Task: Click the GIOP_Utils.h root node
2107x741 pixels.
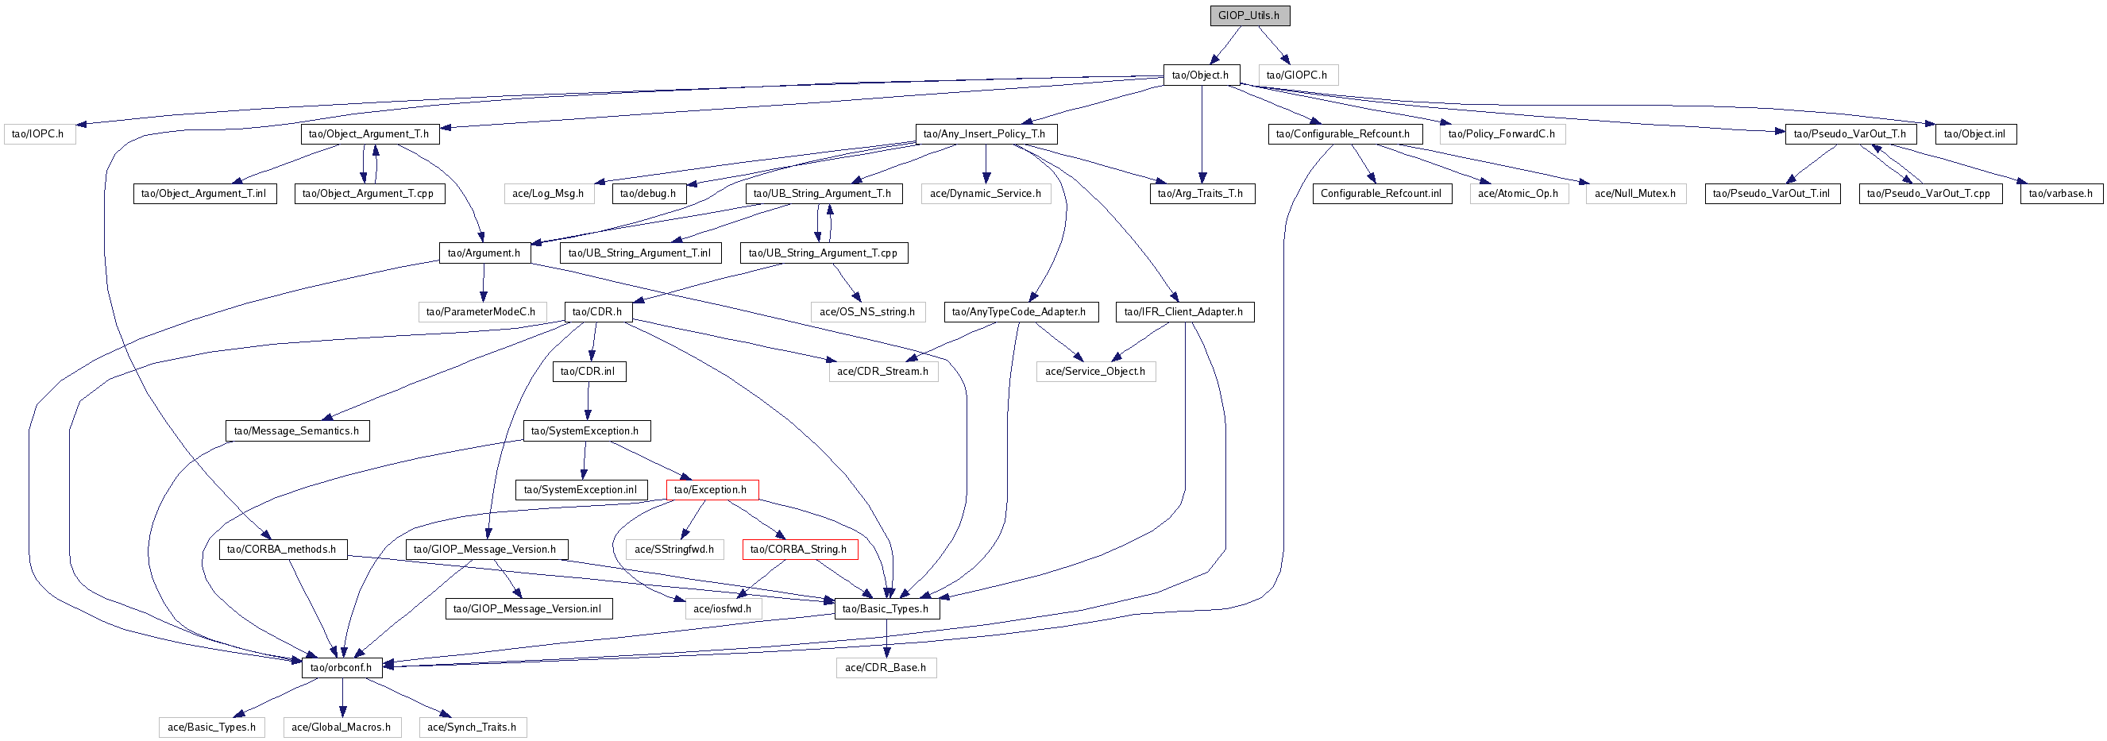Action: pyautogui.click(x=1249, y=16)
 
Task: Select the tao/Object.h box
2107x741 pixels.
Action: pyautogui.click(x=1201, y=75)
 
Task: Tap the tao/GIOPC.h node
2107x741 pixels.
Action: pyautogui.click(x=1297, y=75)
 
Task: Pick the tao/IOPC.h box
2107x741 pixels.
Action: pyautogui.click(x=38, y=134)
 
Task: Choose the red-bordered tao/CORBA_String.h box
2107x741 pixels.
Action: pyautogui.click(x=799, y=550)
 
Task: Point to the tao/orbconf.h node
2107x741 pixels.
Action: pyautogui.click(x=341, y=667)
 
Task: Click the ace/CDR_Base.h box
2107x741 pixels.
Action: pyautogui.click(x=886, y=667)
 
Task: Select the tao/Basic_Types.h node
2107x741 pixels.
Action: pyautogui.click(x=886, y=608)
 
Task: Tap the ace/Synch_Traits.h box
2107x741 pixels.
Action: pyautogui.click(x=472, y=727)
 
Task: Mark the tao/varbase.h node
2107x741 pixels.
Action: pyautogui.click(x=2059, y=194)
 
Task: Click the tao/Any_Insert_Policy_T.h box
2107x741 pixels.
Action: pyautogui.click(x=985, y=134)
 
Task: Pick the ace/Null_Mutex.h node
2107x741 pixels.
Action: pyautogui.click(x=1635, y=194)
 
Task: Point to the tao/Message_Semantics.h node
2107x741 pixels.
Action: pyautogui.click(x=296, y=431)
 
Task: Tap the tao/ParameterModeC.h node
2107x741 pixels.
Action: pyautogui.click(x=481, y=311)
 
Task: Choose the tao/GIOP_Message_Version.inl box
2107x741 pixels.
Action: pyautogui.click(x=527, y=608)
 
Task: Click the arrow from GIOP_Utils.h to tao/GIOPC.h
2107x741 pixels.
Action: pyautogui.click(x=1274, y=44)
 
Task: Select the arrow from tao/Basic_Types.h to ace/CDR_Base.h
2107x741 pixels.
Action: pyautogui.click(x=886, y=638)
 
